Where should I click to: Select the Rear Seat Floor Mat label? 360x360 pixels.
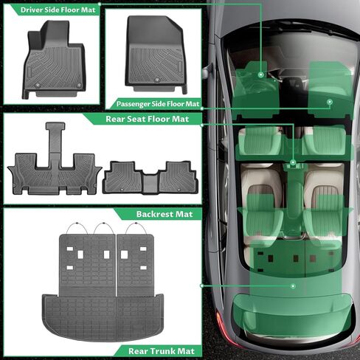click(145, 118)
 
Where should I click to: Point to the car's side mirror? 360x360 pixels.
click(206, 71)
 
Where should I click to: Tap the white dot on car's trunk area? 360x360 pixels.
click(293, 285)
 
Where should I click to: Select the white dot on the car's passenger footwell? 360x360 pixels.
click(329, 102)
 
